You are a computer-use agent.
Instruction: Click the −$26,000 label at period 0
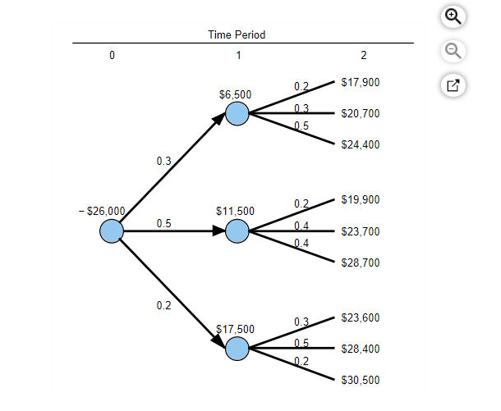point(103,211)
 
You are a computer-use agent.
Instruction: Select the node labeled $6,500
point(237,114)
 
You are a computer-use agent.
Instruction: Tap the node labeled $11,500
point(237,231)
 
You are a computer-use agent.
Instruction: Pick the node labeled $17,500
point(237,349)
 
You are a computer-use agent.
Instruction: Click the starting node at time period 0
point(112,232)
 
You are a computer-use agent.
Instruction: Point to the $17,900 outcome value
point(360,83)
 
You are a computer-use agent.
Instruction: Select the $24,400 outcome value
point(360,145)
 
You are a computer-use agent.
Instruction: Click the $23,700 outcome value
point(360,231)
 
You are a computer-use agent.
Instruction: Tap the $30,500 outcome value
point(360,380)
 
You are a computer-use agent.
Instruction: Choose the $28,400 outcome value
point(360,349)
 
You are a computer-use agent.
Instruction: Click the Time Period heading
point(237,34)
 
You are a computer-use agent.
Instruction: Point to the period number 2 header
point(364,56)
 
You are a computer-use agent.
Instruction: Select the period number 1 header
point(238,56)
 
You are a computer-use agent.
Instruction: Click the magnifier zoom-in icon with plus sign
point(453,16)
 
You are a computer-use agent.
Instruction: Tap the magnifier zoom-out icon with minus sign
point(453,51)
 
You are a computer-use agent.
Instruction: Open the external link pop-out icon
point(453,84)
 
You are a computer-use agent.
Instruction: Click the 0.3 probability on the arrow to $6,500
point(163,162)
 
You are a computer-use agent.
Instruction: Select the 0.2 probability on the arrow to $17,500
point(163,305)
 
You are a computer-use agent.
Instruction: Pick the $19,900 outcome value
point(360,200)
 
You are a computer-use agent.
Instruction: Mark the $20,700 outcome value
point(360,113)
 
